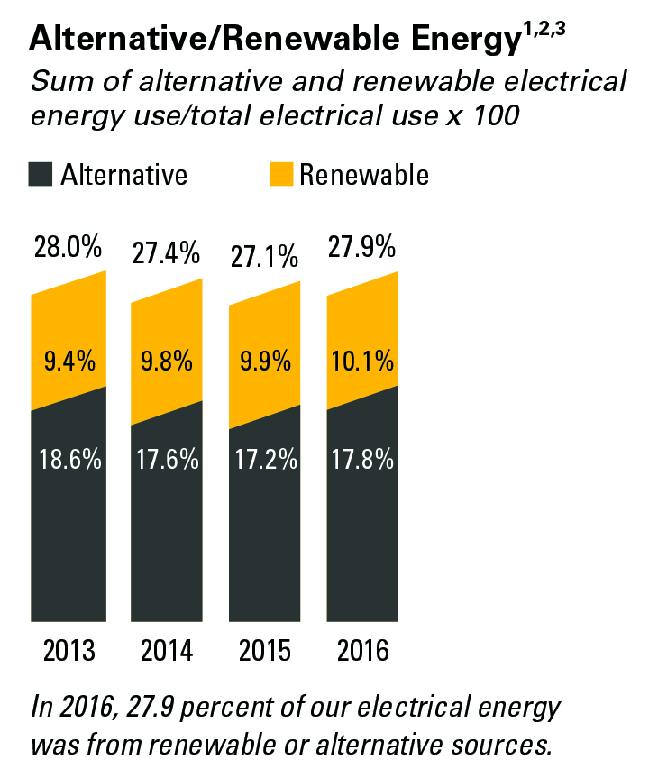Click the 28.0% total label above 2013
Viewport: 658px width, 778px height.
pos(68,247)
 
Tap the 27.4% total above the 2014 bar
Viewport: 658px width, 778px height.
pos(166,253)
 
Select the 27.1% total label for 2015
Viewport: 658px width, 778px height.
pos(264,257)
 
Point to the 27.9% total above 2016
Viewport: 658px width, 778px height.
pos(361,247)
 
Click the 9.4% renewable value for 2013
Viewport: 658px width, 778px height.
pos(69,361)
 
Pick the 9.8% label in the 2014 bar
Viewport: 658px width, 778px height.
pos(167,361)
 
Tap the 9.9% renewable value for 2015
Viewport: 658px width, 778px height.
pos(265,361)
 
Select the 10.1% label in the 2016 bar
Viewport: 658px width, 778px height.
pos(362,361)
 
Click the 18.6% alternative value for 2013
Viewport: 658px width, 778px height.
pos(70,459)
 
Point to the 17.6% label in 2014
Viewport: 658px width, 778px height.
pos(168,459)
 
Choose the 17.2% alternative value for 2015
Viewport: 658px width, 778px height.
pos(266,459)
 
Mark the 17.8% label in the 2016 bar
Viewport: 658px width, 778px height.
pos(362,459)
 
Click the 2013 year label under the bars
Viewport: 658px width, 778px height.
pos(69,651)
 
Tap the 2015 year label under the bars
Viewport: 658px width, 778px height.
pos(264,651)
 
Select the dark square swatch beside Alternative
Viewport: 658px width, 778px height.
pos(41,174)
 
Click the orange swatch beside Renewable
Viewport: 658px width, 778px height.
pos(281,174)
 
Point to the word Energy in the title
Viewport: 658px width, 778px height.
pos(466,40)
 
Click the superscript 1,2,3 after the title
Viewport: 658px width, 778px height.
pos(544,30)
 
